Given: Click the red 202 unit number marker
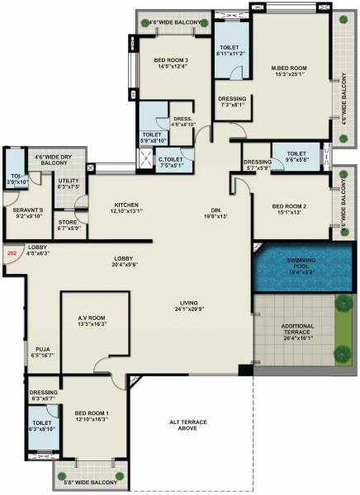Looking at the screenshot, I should (x=12, y=255).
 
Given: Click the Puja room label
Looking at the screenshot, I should (x=43, y=351).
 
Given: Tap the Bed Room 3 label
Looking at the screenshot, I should (x=171, y=61).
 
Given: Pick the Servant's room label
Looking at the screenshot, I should (x=29, y=210).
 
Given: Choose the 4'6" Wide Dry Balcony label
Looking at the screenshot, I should (x=50, y=159).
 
